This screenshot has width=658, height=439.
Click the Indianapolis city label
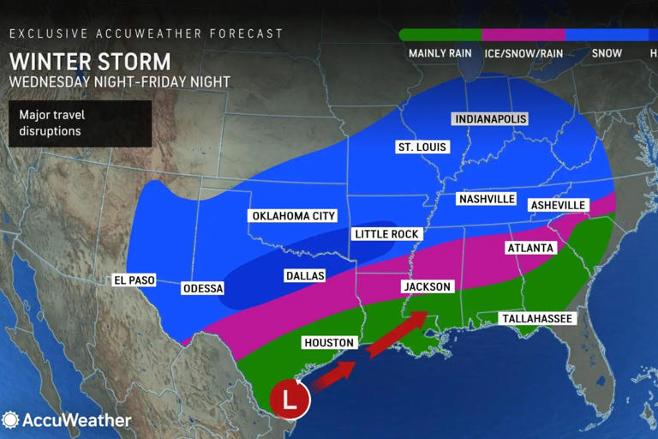point(490,118)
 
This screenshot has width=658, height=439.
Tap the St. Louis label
point(421,147)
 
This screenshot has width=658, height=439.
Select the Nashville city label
point(486,199)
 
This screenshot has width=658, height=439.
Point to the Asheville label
point(558,205)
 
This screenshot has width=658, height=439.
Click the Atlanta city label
point(531,248)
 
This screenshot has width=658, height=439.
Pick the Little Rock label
point(386,234)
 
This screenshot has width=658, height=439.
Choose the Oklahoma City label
point(291,216)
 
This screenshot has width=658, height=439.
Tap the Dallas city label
point(304,275)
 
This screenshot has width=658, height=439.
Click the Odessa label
point(203,288)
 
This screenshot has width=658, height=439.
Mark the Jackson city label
point(427,286)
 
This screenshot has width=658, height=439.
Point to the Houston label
point(329,343)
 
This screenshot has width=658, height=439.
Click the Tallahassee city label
point(536,319)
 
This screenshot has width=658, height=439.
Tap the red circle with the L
point(290,399)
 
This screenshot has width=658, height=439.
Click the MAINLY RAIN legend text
point(440,53)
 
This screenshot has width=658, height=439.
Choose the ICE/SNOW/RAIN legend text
point(523,53)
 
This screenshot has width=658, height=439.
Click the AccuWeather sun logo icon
point(11,420)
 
